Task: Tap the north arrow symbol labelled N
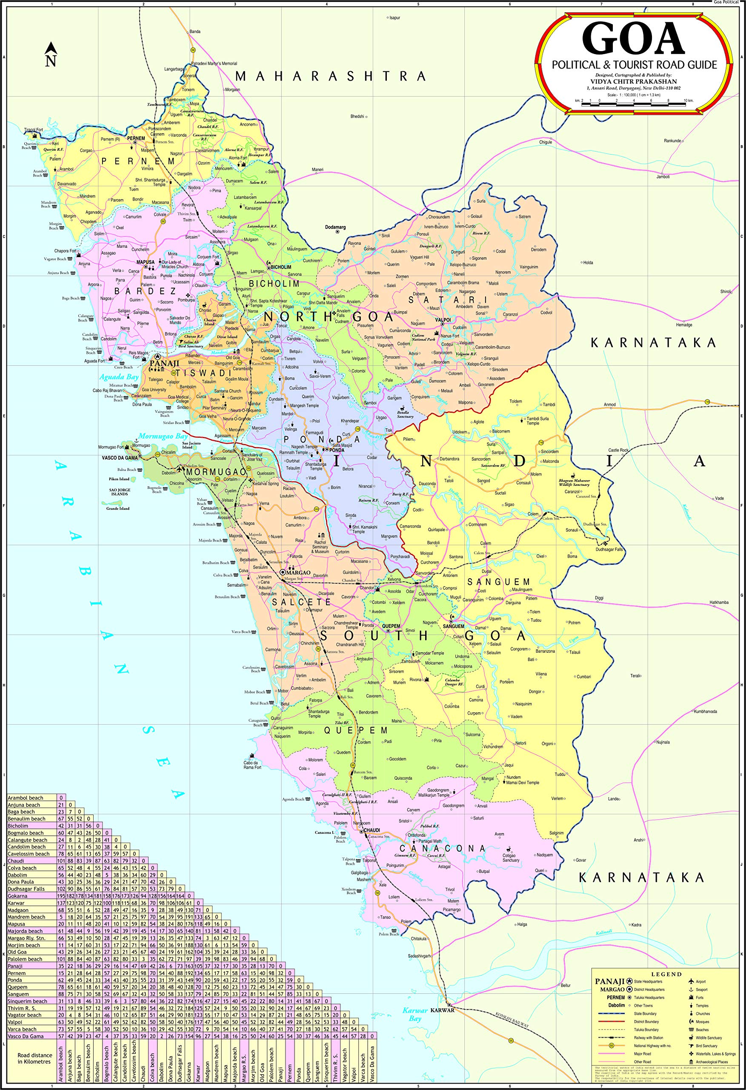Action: click(x=51, y=54)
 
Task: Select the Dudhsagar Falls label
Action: click(x=609, y=549)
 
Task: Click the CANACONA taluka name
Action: click(x=442, y=849)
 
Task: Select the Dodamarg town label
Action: click(x=336, y=227)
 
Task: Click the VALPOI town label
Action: click(x=443, y=320)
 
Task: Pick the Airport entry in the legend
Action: click(x=700, y=981)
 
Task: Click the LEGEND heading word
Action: click(x=666, y=974)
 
